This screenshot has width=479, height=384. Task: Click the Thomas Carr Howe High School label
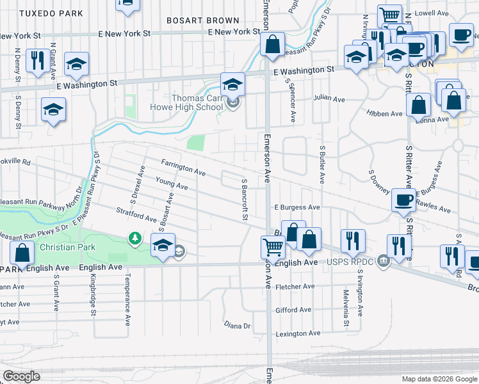197,102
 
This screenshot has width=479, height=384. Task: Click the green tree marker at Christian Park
134,239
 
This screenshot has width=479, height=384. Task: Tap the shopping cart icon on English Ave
273,247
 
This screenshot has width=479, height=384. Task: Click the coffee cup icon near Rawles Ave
403,199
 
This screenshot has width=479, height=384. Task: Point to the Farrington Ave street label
183,168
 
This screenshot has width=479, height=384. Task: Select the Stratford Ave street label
136,214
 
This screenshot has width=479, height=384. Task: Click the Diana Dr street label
237,326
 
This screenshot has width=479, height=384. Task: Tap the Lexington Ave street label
297,334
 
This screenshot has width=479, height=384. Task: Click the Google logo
21,376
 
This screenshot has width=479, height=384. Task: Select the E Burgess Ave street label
296,207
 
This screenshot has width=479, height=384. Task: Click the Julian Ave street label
329,98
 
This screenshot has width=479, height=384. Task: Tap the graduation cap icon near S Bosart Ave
163,245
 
